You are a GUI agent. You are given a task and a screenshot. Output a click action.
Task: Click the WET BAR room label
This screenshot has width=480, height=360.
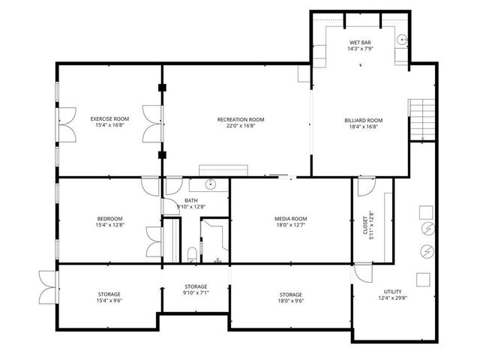tap(361, 43)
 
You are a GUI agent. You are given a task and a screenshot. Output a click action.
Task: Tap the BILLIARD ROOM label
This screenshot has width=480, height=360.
tap(364, 120)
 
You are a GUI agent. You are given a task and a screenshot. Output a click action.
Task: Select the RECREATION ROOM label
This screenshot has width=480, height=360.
tap(241, 120)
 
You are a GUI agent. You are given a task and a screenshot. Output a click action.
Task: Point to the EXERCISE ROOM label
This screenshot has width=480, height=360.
tap(109, 119)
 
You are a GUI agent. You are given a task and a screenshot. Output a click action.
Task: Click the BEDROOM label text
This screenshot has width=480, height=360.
tap(109, 219)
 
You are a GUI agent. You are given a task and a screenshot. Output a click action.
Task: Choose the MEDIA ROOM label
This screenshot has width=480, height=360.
tap(291, 219)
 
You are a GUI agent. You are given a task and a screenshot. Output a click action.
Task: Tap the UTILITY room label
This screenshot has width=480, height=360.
tap(392, 292)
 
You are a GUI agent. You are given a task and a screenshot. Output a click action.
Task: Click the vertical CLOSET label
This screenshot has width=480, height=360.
tap(365, 223)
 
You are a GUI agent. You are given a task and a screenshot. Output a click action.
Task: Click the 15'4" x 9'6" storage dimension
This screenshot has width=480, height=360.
tap(109, 300)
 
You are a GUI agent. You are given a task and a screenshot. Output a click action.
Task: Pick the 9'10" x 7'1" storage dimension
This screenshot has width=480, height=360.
tap(196, 292)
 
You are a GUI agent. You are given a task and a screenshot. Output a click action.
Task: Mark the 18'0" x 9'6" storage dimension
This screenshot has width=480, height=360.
tap(291, 300)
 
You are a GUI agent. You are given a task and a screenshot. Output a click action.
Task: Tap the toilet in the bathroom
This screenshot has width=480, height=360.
tap(192, 253)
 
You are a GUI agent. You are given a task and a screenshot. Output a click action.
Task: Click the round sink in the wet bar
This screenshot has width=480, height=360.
tap(402, 39)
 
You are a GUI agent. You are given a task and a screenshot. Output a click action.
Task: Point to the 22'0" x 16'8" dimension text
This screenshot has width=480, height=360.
tap(241, 126)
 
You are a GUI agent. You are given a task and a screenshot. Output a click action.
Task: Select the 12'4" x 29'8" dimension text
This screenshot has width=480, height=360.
tap(392, 298)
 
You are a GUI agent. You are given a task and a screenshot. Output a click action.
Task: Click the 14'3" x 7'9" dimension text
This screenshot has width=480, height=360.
tap(361, 49)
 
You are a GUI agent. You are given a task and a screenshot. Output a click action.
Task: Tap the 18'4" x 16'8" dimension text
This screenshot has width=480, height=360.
tap(364, 126)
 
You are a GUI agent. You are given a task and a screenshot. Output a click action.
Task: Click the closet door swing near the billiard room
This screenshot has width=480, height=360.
tap(365, 185)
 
